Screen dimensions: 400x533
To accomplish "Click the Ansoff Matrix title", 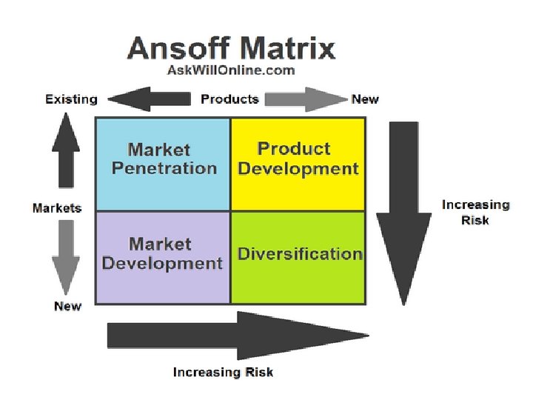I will [231, 48].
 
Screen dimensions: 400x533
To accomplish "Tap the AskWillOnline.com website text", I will [231, 70].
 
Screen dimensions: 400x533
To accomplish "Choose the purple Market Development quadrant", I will [163, 281].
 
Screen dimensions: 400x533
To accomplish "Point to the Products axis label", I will [230, 99].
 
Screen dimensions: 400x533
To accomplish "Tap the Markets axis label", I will [57, 208].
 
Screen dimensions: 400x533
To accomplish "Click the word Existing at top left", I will [71, 99].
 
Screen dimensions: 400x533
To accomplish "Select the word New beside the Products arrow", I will [365, 99].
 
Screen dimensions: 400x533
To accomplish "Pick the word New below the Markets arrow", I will [67, 306].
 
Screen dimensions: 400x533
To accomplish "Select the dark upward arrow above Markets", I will [66, 156].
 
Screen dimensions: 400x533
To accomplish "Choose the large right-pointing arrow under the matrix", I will [237, 336].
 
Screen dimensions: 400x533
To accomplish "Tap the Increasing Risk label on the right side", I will [475, 213].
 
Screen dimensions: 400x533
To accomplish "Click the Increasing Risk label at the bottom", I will [223, 372].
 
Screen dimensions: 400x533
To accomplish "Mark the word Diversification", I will [299, 254].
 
